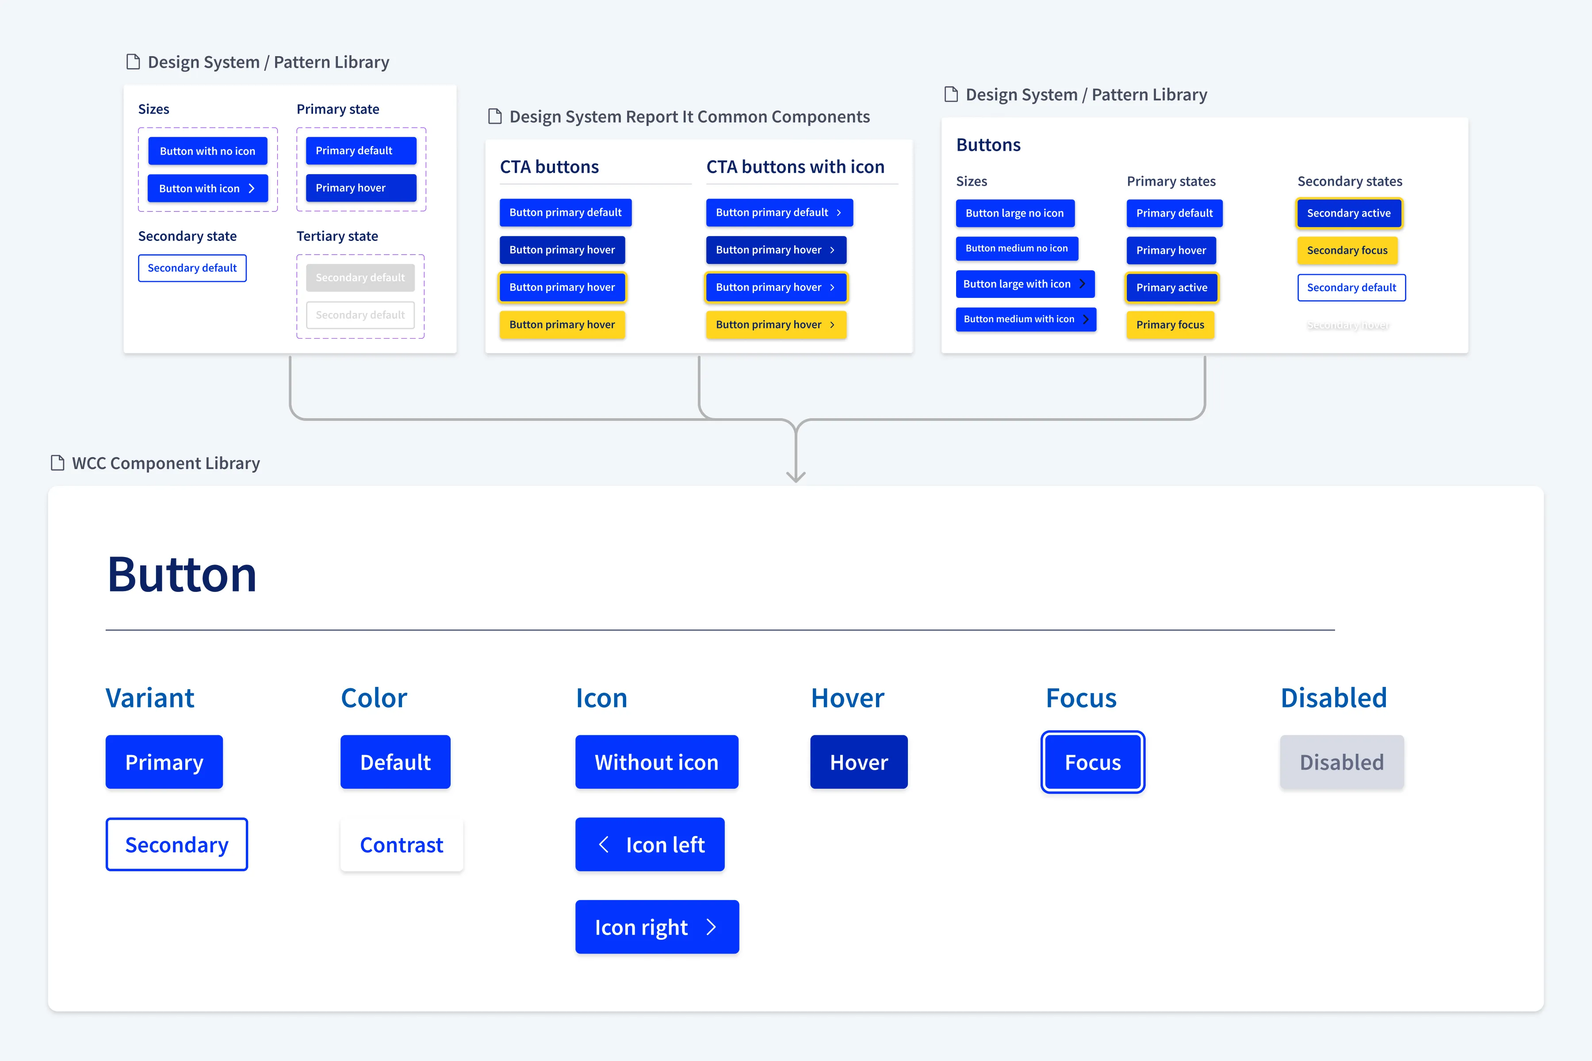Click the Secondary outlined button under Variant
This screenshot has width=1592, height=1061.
(176, 844)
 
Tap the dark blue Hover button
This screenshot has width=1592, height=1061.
(858, 762)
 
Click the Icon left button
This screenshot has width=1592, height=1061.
(650, 844)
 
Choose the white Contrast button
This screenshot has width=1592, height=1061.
(402, 844)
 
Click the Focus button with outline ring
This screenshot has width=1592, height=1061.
(1092, 762)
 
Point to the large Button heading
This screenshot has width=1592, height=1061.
(182, 574)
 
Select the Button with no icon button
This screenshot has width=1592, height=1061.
(207, 151)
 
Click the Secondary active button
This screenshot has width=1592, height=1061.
(1348, 213)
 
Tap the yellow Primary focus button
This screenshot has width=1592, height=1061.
(1170, 325)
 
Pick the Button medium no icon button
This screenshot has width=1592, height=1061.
(1016, 248)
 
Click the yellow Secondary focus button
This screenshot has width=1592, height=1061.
(1347, 250)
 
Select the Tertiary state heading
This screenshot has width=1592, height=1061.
(337, 236)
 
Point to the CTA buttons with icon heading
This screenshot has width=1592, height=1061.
(795, 167)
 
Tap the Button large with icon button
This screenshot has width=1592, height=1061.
(1024, 284)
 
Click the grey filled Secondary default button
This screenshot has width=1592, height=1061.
(360, 278)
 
